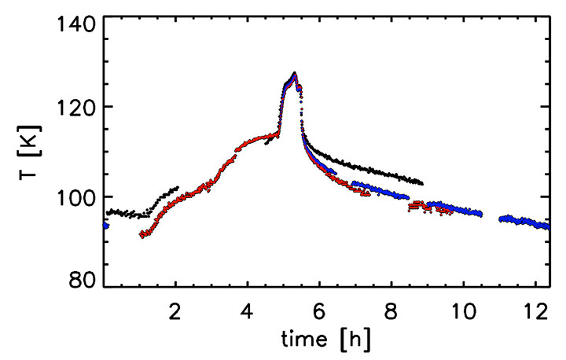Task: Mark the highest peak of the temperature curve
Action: (294, 74)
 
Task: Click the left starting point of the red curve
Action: (141, 235)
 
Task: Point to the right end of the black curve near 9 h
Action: (422, 183)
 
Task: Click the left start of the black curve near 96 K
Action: (109, 211)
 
